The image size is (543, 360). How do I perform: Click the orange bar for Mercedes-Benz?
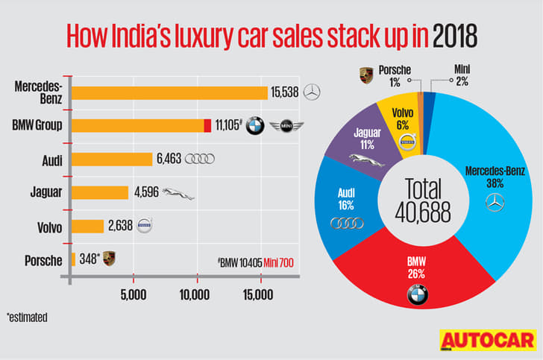[169, 92]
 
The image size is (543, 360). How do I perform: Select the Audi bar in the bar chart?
[112, 160]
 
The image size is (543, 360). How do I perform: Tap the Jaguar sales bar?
[100, 192]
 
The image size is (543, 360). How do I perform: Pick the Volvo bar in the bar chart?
[87, 226]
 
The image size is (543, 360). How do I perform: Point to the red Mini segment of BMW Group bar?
[207, 126]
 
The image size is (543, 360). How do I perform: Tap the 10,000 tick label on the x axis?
[195, 295]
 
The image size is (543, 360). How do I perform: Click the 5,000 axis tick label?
[133, 295]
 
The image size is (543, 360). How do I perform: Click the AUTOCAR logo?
[488, 341]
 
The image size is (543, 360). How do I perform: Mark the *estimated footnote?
[27, 318]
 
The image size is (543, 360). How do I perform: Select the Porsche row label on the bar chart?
[43, 259]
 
